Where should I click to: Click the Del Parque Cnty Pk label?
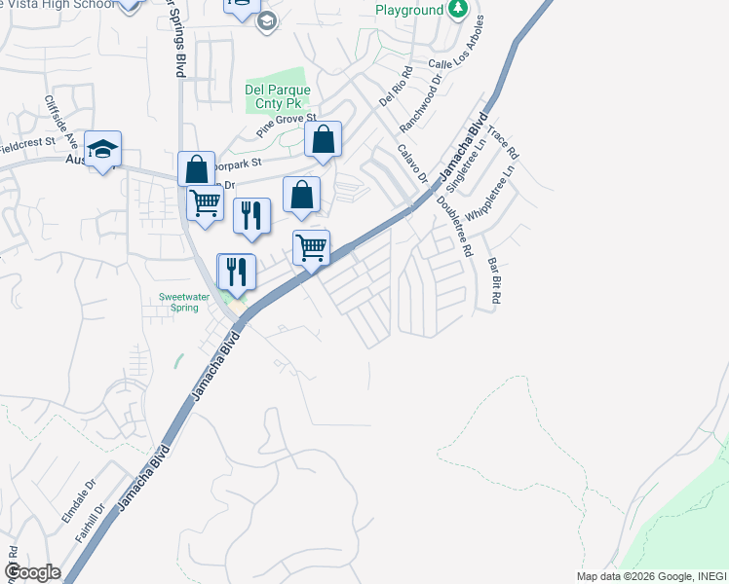pyautogui.click(x=278, y=96)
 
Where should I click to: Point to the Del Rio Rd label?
pyautogui.click(x=390, y=85)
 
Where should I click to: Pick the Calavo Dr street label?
pyautogui.click(x=412, y=164)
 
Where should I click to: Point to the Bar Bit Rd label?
pyautogui.click(x=493, y=281)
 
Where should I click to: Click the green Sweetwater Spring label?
pyautogui.click(x=178, y=302)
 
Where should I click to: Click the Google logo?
pyautogui.click(x=32, y=572)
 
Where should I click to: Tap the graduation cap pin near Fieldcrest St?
pyautogui.click(x=102, y=149)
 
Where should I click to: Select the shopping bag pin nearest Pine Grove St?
pyautogui.click(x=324, y=139)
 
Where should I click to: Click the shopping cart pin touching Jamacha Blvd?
pyautogui.click(x=311, y=247)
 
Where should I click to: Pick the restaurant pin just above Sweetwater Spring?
pyautogui.click(x=236, y=271)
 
